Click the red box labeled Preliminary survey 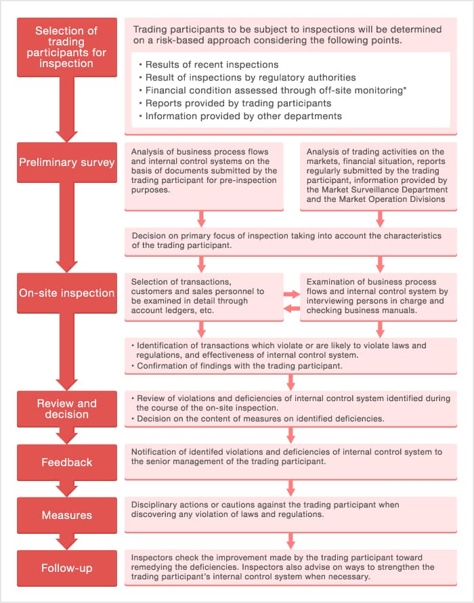click(x=66, y=163)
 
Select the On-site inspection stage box click(x=66, y=293)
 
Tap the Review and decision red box click(x=66, y=409)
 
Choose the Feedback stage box click(x=66, y=462)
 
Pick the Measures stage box click(x=66, y=515)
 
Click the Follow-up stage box click(x=66, y=568)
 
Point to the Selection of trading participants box click(x=66, y=47)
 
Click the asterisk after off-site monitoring click(x=405, y=89)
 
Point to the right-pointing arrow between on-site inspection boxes click(x=292, y=294)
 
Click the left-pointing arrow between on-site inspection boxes click(x=292, y=308)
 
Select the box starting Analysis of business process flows click(x=204, y=175)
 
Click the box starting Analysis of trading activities click(x=379, y=175)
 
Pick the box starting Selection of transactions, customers click(x=204, y=296)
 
